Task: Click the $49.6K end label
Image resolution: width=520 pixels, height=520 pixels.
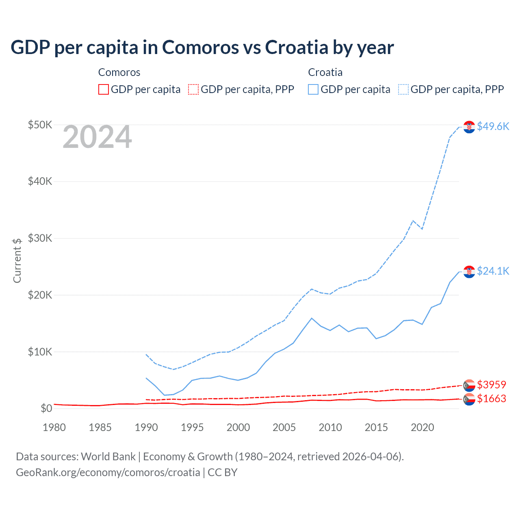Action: click(493, 126)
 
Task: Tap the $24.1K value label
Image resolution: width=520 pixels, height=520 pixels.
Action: click(493, 271)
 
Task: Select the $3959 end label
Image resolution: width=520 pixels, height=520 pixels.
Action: click(491, 384)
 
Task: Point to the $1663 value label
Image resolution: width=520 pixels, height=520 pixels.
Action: click(491, 399)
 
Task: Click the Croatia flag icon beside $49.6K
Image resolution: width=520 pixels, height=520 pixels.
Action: click(469, 127)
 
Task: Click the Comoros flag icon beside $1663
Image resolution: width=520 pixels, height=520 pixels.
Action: click(469, 399)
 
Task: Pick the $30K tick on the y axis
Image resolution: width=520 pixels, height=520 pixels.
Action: click(40, 238)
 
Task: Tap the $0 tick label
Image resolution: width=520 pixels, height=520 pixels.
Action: click(46, 408)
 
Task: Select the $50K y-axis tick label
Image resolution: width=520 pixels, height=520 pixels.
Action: click(40, 125)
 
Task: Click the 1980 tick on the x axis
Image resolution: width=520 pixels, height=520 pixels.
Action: click(54, 427)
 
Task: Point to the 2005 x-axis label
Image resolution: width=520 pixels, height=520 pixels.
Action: click(284, 427)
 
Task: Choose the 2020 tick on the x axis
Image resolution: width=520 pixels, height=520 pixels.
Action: click(422, 427)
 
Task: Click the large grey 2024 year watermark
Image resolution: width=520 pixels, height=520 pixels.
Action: click(97, 137)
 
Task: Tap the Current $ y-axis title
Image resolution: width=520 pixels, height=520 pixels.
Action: click(17, 260)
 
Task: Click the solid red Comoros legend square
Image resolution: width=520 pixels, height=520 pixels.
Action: click(104, 89)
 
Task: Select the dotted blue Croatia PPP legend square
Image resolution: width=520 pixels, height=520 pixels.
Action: click(403, 89)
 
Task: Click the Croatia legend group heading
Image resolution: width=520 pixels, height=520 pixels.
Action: click(325, 72)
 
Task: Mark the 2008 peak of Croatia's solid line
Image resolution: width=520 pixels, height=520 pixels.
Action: click(312, 318)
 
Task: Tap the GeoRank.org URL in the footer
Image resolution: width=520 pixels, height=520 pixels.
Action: click(108, 472)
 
